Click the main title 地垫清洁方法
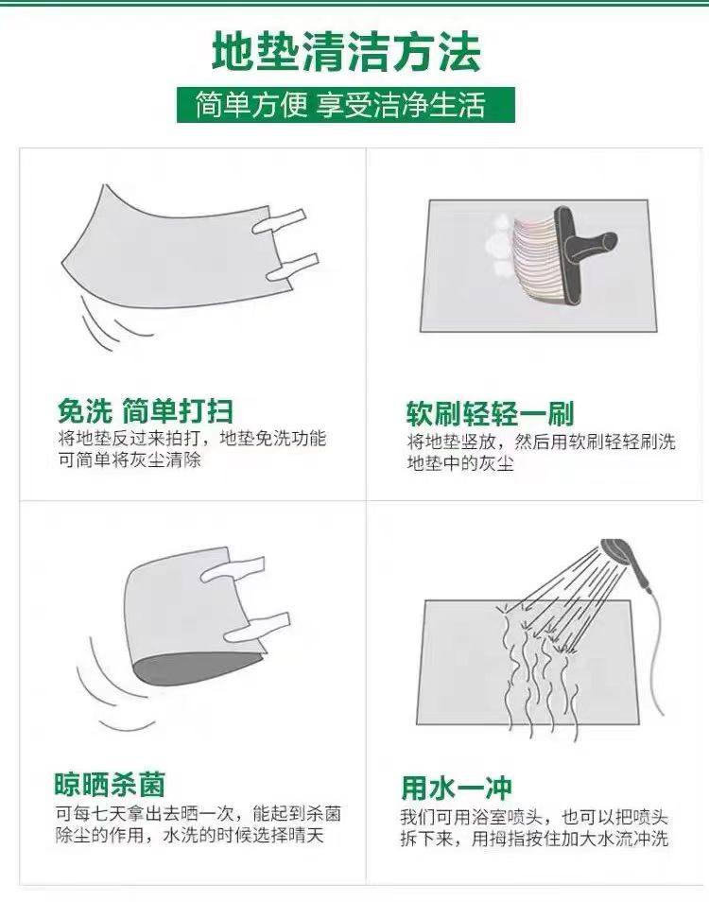pyautogui.click(x=346, y=52)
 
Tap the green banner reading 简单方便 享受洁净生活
pyautogui.click(x=346, y=105)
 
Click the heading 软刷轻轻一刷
pyautogui.click(x=491, y=413)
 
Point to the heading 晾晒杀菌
pyautogui.click(x=110, y=784)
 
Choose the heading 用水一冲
pyautogui.click(x=457, y=788)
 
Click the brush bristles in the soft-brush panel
pyautogui.click(x=535, y=259)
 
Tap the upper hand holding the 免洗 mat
pyautogui.click(x=278, y=222)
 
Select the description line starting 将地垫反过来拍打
pyautogui.click(x=192, y=439)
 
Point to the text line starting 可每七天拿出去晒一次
pyautogui.click(x=199, y=813)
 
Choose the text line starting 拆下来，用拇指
pyautogui.click(x=535, y=839)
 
